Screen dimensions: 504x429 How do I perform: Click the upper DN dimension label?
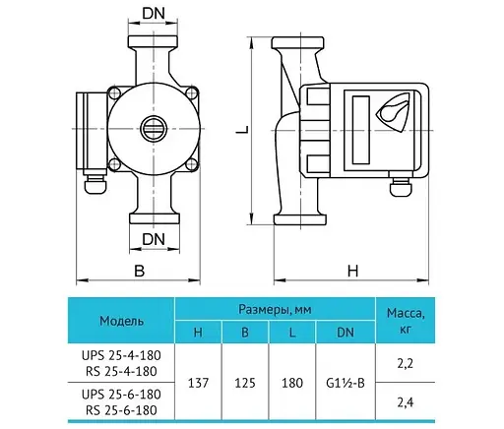pyautogui.click(x=154, y=14)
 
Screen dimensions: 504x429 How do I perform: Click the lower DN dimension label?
pyautogui.click(x=154, y=239)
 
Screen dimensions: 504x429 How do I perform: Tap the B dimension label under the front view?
pyautogui.click(x=140, y=271)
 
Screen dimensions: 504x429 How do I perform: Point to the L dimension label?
pyautogui.click(x=243, y=130)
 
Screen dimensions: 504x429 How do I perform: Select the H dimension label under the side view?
pyautogui.click(x=352, y=272)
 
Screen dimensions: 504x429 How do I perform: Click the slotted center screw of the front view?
pyautogui.click(x=154, y=129)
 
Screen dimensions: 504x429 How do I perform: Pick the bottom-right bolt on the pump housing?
pyautogui.click(x=192, y=164)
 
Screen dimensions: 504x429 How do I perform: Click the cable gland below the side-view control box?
pyautogui.click(x=400, y=188)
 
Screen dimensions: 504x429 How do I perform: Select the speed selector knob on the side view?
pyautogui.click(x=394, y=111)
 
